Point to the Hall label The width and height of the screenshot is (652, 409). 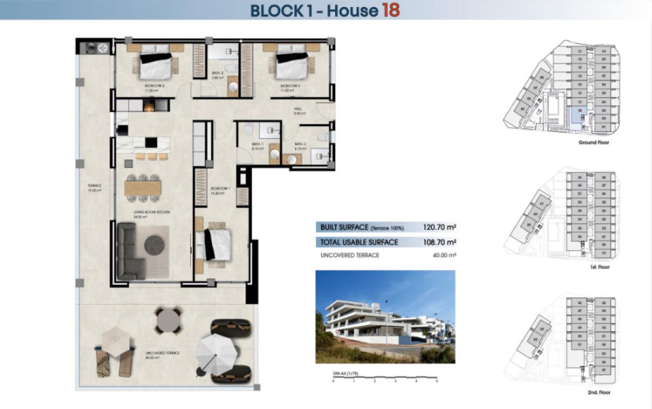point(298,109)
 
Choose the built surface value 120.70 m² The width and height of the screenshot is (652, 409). point(439,227)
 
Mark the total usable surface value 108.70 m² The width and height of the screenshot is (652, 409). point(439,242)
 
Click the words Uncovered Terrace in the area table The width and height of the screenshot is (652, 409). point(350,255)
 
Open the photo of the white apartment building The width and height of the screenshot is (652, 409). point(385,317)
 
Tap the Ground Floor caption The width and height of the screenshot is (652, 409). point(594,142)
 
